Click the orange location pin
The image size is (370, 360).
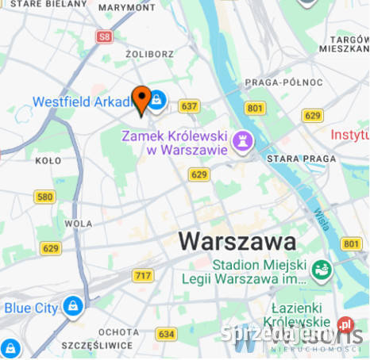click(141, 99)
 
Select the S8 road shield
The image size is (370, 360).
click(104, 36)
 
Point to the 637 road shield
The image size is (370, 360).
click(189, 105)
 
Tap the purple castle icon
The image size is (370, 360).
click(244, 142)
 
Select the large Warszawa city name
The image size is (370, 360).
click(237, 240)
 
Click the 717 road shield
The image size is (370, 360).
click(143, 275)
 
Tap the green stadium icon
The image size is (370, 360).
click(321, 270)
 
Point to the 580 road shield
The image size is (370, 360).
click(45, 197)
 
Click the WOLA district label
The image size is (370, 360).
click(79, 224)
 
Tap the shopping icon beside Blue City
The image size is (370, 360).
click(72, 305)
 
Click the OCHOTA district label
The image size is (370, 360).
click(118, 331)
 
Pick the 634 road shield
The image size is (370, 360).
click(167, 334)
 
